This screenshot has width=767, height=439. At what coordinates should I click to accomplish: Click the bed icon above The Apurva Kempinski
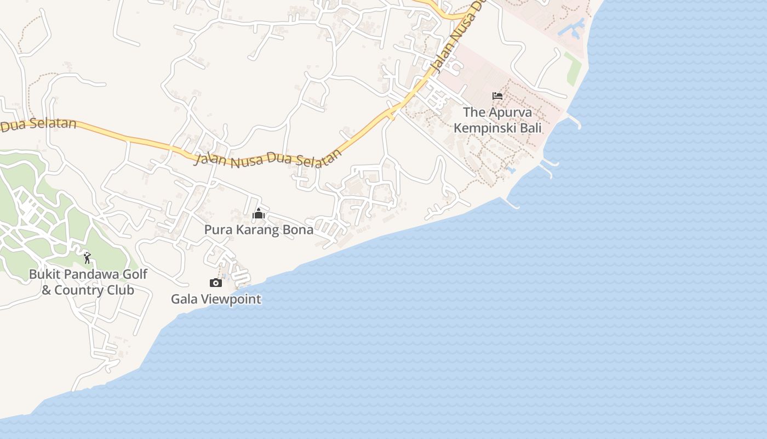497,95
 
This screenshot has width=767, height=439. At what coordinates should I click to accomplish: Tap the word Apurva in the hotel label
510,112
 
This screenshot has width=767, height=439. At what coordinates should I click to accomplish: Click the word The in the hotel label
474,112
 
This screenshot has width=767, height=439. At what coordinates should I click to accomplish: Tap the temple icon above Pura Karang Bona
259,213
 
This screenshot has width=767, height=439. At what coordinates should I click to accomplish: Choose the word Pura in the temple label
216,230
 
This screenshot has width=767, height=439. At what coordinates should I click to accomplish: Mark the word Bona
299,230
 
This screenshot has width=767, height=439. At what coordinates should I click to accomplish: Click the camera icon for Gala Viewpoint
216,283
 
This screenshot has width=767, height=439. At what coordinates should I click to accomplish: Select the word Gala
184,300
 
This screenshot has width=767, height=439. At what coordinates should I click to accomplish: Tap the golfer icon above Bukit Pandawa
87,257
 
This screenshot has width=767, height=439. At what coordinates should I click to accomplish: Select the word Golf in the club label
135,274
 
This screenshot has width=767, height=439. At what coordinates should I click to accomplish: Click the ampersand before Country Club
47,290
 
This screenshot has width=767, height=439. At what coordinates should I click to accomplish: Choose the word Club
121,290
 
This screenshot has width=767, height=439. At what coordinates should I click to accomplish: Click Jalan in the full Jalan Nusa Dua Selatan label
210,158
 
